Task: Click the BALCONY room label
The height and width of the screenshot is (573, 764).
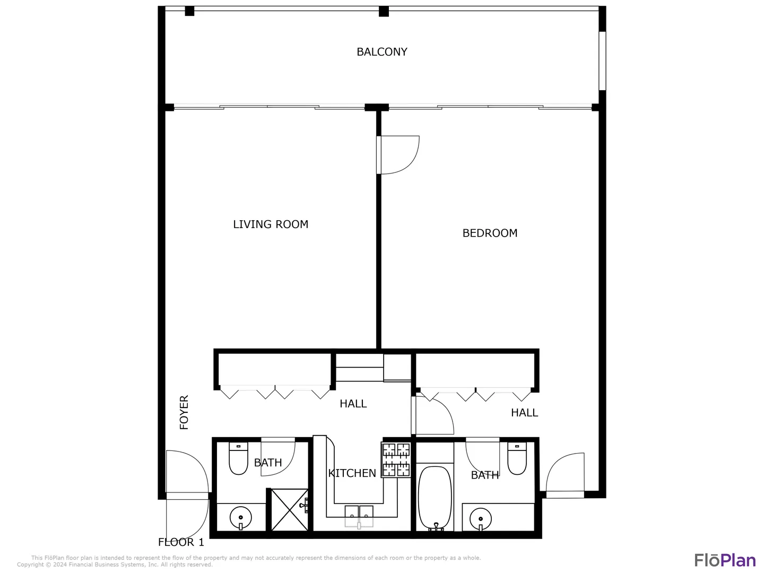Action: pos(381,52)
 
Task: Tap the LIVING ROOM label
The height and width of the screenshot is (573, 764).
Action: pos(271,224)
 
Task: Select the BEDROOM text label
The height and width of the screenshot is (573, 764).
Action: pos(489,233)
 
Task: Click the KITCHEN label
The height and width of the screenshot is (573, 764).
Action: pos(352,473)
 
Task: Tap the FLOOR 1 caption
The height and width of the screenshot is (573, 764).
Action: pos(181,542)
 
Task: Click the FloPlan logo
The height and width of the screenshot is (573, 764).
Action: pos(725,560)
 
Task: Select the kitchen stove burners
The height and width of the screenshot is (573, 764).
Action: pos(396,459)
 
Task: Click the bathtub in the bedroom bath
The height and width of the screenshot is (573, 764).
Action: pos(435,498)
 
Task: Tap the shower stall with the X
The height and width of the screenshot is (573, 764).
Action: pos(289,510)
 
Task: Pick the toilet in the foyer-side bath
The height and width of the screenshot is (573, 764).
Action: pos(238,458)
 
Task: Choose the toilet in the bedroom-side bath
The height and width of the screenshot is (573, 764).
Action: pos(517,458)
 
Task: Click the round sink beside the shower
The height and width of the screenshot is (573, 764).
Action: pos(240,518)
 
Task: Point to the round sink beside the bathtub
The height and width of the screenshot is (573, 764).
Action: pos(480,519)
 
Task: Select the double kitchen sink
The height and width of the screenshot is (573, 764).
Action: pos(359,516)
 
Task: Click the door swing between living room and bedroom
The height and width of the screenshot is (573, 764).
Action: pos(398,155)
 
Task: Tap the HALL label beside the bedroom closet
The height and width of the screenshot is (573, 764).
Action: pos(524,413)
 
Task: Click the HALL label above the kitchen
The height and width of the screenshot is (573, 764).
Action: pos(353,404)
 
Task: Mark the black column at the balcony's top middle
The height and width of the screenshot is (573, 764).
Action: pos(384,11)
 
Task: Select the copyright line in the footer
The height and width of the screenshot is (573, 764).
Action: pos(115,565)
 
